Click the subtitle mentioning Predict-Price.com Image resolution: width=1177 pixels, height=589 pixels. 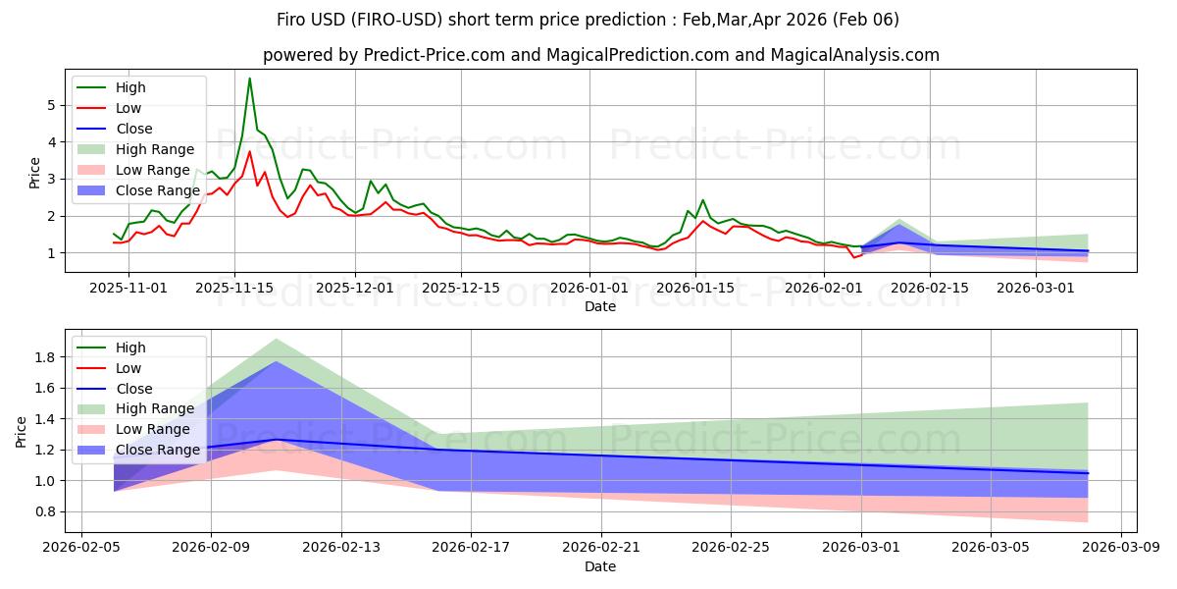[x=600, y=55]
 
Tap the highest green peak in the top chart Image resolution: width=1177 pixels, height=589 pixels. [x=249, y=79]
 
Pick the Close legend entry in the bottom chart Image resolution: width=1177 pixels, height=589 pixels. [x=134, y=389]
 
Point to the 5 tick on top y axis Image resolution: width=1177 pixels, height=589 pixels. [x=48, y=105]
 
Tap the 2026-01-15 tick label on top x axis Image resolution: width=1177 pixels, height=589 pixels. [x=694, y=288]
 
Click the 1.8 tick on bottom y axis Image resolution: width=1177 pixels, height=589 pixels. [x=41, y=357]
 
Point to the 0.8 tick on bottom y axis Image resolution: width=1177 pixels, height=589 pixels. [x=41, y=511]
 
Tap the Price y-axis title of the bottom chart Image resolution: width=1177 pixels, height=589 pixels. [x=21, y=432]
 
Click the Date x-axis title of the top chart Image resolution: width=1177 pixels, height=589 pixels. [x=600, y=306]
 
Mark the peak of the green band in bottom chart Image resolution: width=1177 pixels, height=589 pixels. [x=276, y=339]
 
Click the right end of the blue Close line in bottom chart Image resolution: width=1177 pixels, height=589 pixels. [x=1088, y=473]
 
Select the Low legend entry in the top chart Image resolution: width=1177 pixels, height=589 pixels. [x=128, y=108]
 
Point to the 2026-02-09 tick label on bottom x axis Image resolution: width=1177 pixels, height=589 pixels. [x=212, y=548]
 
